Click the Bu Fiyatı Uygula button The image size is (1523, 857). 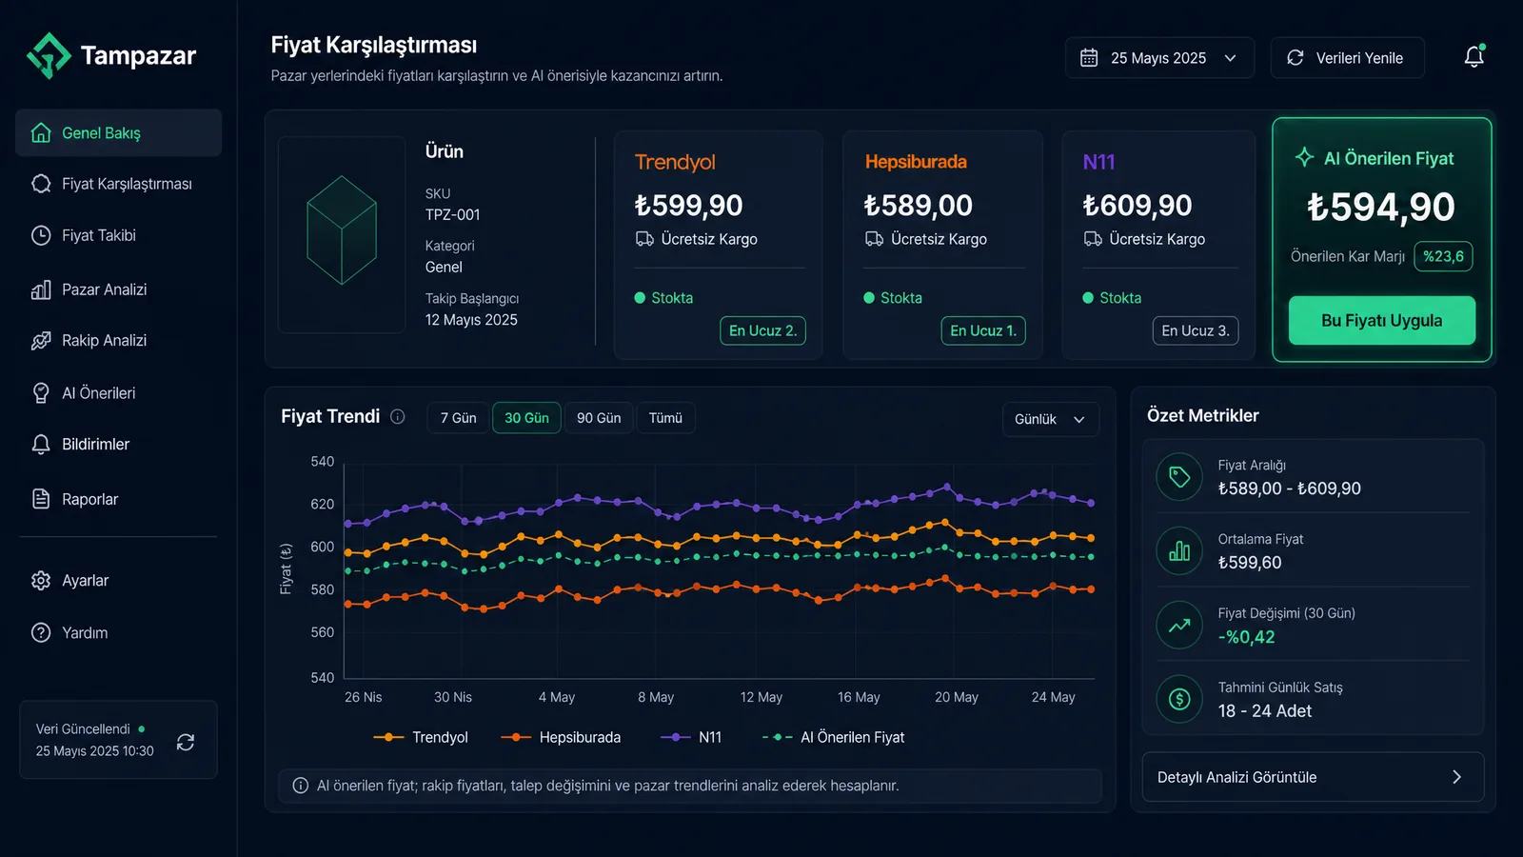coord(1381,320)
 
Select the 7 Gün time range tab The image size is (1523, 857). coord(458,418)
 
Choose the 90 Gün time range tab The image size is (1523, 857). coord(599,418)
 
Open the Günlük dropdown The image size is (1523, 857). coord(1050,419)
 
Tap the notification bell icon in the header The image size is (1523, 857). coord(1474,56)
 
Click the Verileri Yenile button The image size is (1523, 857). coord(1347,58)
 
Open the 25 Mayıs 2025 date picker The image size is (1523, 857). coord(1159,58)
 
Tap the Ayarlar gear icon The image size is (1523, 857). coord(41,580)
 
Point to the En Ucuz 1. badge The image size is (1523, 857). coord(983,330)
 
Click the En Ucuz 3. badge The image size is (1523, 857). coord(1196,330)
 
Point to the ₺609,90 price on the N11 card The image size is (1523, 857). coord(1137,206)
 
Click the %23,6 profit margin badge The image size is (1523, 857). coord(1443,256)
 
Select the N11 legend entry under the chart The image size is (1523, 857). coord(691,737)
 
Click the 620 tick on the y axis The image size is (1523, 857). coord(323,504)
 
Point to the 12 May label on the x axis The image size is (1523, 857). coord(761,697)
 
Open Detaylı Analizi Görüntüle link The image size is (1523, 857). coord(1313,777)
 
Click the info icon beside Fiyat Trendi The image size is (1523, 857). coord(398,416)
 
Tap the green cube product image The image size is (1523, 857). coord(342,230)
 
